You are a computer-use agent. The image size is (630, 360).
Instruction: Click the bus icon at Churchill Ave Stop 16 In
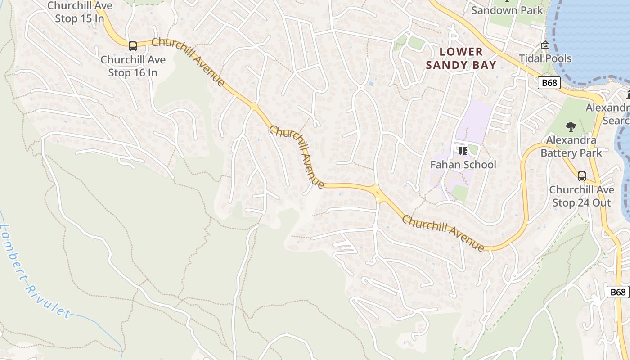[x=133, y=46]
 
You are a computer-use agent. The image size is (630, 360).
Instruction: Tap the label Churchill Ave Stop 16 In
[x=133, y=66]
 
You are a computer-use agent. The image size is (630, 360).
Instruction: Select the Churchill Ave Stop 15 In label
[x=80, y=12]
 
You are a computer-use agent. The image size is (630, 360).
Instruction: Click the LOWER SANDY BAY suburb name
[x=461, y=58]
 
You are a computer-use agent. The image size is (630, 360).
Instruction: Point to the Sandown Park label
[x=507, y=10]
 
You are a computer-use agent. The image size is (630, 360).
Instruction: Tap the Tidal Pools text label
[x=545, y=58]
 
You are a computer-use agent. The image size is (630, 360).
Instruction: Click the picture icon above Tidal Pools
[x=545, y=45]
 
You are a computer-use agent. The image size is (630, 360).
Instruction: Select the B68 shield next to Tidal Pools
[x=549, y=83]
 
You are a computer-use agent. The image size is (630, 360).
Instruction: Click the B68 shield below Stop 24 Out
[x=618, y=292]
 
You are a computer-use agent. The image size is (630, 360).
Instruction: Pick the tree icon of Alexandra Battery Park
[x=571, y=127]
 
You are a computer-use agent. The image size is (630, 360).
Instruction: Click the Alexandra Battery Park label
[x=571, y=147]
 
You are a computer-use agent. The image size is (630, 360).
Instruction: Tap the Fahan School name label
[x=463, y=165]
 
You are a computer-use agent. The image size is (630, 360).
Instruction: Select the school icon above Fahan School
[x=463, y=151]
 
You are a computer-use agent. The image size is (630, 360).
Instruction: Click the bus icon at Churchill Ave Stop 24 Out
[x=582, y=176]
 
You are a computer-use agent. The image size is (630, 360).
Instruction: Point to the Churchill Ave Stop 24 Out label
[x=581, y=196]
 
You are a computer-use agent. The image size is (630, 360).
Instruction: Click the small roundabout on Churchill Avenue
[x=254, y=107]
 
